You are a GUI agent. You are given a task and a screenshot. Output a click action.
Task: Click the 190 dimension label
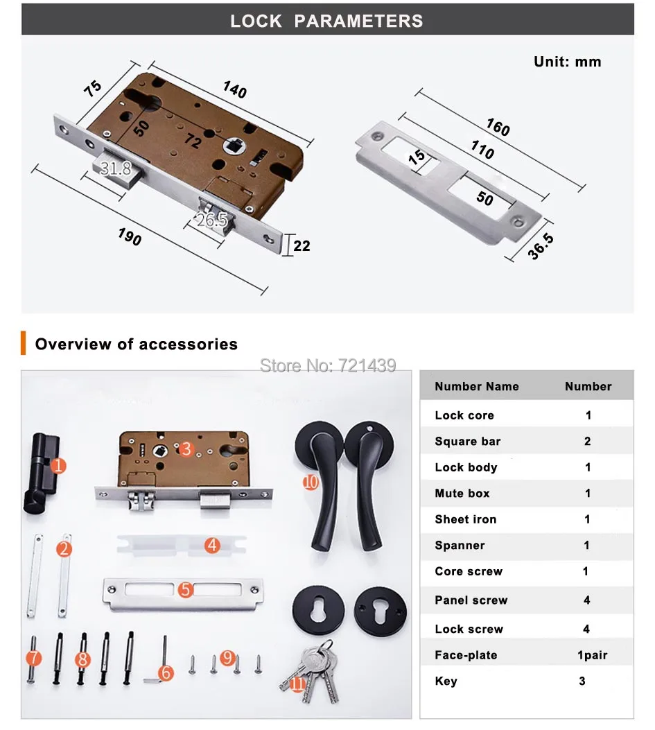pos(130,237)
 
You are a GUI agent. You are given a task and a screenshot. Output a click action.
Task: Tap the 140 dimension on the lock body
pos(235,89)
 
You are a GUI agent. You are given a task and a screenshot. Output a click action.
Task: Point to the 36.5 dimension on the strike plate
pos(541,246)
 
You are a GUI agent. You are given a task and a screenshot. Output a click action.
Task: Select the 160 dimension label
pos(498,127)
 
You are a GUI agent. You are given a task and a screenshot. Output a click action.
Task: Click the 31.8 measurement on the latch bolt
pos(116,168)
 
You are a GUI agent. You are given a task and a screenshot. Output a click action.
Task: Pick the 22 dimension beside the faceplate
pos(302,245)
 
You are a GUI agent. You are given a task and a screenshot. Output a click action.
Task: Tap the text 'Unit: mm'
pos(568,62)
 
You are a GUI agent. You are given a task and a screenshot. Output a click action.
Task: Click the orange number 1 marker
pos(58,466)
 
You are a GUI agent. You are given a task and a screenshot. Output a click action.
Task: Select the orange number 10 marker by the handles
pos(311,483)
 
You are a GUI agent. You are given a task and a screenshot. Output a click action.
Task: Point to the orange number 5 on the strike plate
pos(185,590)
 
